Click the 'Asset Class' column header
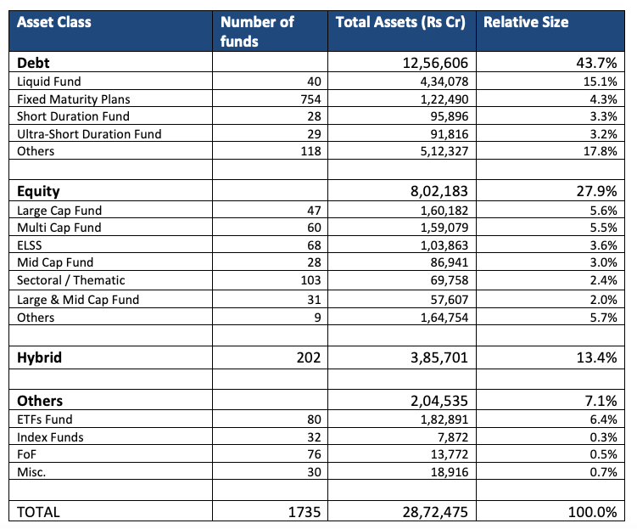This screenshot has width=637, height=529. tap(54, 22)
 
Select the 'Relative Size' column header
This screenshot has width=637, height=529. tap(526, 22)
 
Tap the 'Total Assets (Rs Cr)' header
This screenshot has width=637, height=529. tap(400, 22)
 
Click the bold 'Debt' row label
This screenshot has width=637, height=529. tap(33, 63)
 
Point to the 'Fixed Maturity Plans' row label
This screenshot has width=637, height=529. tap(74, 99)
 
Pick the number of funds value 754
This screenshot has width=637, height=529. tap(310, 99)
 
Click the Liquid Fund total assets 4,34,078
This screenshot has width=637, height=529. tap(444, 82)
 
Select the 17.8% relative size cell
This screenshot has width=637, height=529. tap(600, 151)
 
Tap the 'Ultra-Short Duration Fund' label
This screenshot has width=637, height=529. tap(89, 134)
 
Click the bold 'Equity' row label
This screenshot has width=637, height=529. tap(38, 192)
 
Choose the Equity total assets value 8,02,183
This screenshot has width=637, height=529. tap(439, 191)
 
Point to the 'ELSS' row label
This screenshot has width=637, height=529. tap(29, 245)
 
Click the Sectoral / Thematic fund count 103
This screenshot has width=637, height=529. tap(310, 280)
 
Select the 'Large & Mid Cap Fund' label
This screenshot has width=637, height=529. tap(78, 300)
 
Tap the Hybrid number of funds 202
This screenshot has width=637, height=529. tap(309, 357)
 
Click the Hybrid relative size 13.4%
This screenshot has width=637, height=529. tap(597, 357)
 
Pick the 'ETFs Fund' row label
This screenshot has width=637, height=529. tap(45, 419)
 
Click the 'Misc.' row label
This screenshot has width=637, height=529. tap(31, 472)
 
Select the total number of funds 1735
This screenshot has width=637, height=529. tap(305, 512)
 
